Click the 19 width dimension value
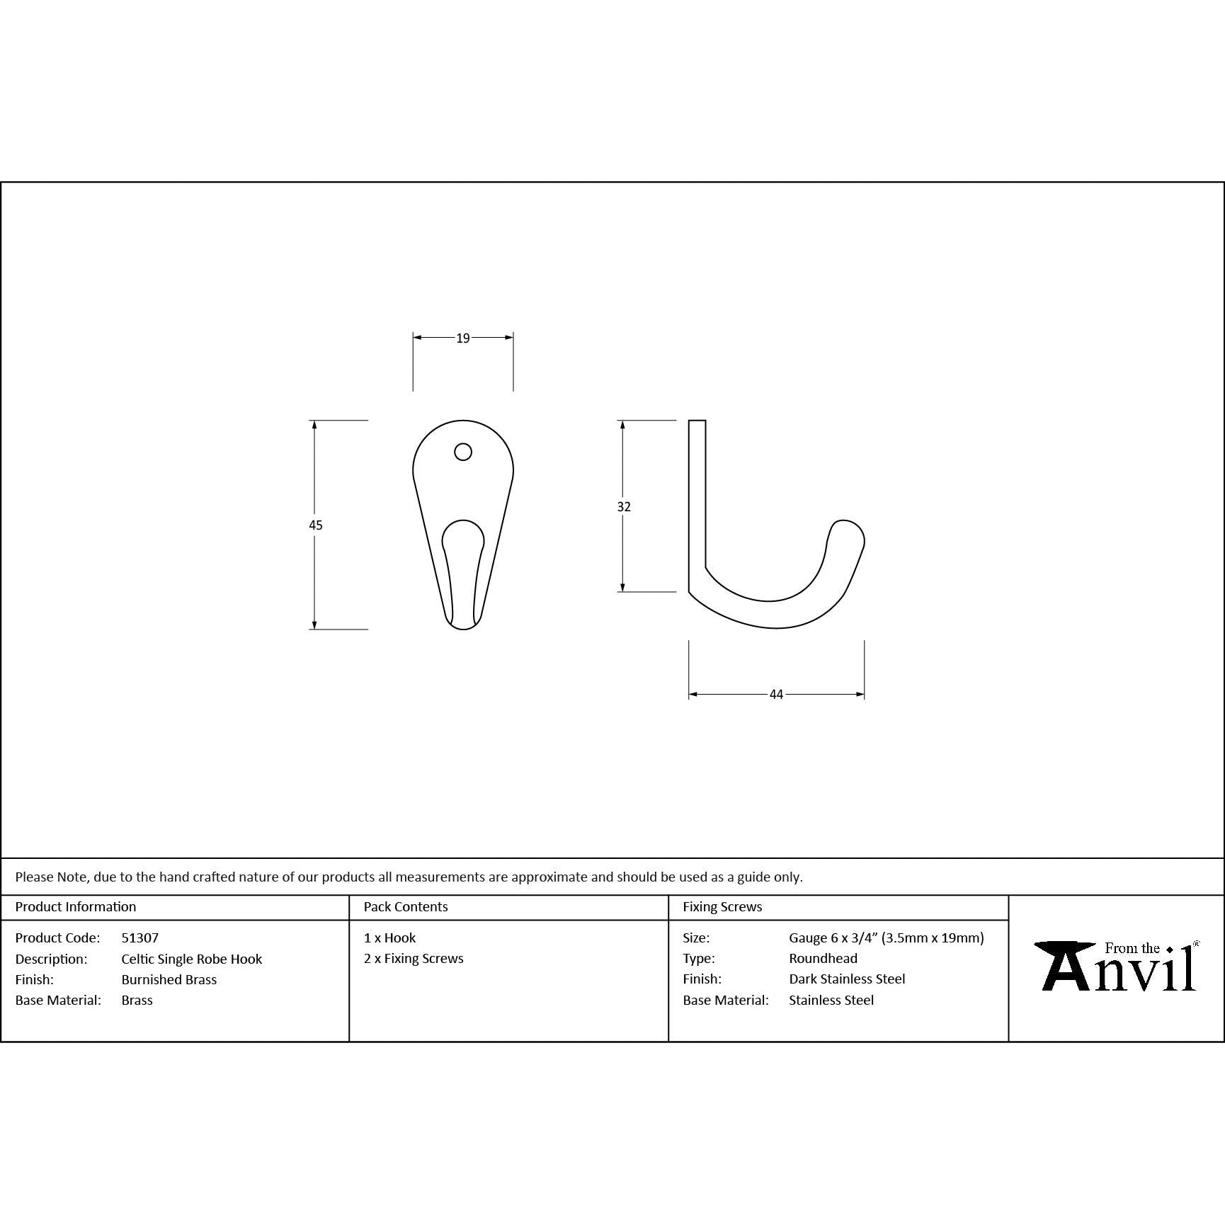tap(463, 338)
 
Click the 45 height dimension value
tap(316, 525)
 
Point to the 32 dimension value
tap(624, 506)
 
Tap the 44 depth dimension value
tap(777, 695)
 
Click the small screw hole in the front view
tap(463, 452)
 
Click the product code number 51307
tap(140, 938)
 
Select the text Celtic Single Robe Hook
tap(192, 959)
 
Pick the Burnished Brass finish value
tap(169, 979)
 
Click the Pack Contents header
tap(406, 906)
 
